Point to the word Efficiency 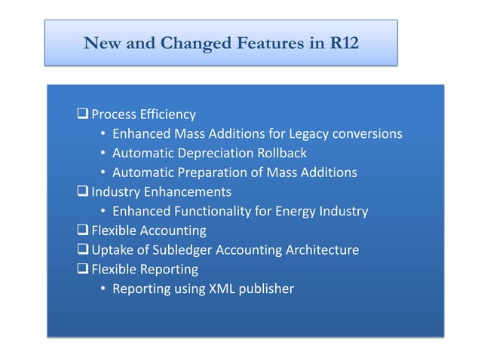pos(169,114)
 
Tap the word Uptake pos(112,250)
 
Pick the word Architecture pos(320,250)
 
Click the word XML pos(222,288)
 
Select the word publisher pos(266,288)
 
